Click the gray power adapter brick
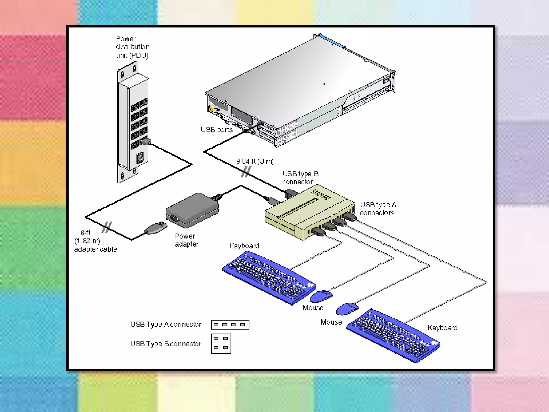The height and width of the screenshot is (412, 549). coord(192,210)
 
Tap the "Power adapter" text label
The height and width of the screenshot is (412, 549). coord(187,240)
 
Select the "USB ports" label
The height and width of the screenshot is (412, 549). coord(217,130)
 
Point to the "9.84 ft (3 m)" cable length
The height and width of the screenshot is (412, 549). coord(255,161)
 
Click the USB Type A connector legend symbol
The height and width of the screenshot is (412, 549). coord(230,325)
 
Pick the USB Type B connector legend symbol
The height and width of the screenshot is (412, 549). coord(221,344)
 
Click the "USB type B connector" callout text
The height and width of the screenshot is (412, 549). coord(300,178)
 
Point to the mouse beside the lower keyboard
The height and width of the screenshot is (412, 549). coord(347,309)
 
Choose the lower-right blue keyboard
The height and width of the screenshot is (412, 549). coord(393,336)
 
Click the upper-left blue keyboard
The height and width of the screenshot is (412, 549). coord(269,278)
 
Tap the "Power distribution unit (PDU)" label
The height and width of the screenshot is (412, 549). coord(132,47)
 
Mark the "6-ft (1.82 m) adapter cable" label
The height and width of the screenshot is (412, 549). coord(95,241)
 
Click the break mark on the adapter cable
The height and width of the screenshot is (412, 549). coord(107,227)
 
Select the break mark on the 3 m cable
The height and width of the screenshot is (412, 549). coord(246,172)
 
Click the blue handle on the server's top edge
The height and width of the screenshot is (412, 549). coord(332,41)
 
